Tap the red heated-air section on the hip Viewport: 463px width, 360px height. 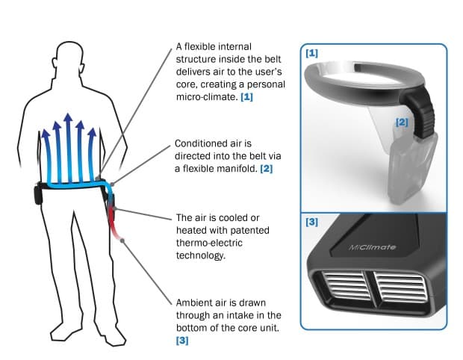click(114, 220)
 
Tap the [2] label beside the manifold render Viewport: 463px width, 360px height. click(401, 121)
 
